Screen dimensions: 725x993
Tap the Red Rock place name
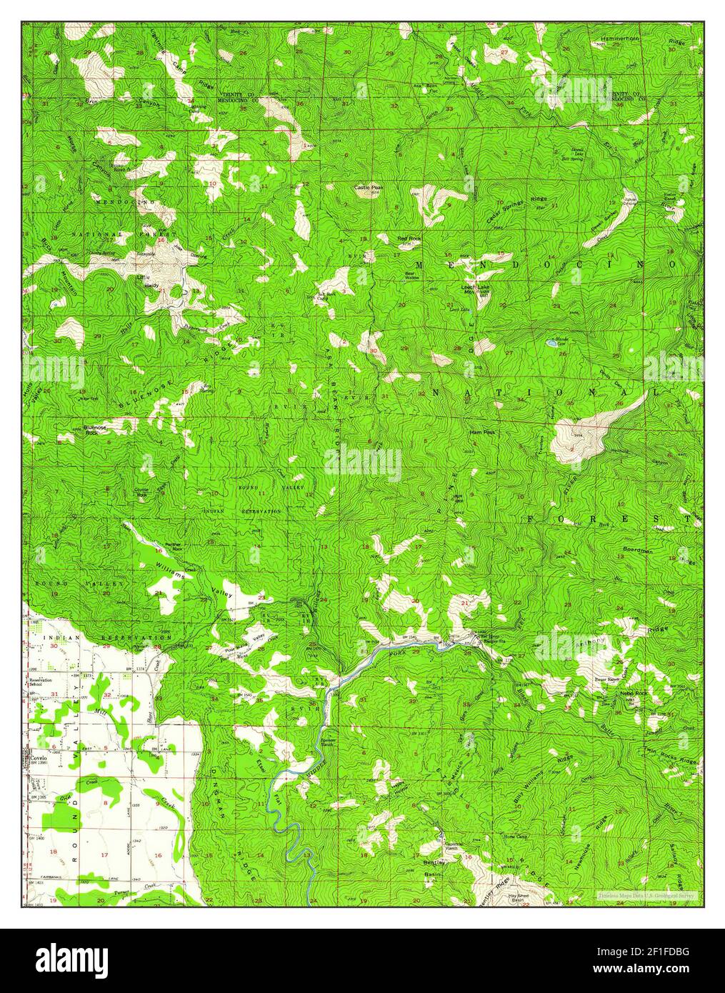coord(409,237)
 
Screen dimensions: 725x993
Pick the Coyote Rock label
coord(141,492)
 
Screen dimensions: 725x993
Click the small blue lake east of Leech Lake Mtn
coord(551,344)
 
